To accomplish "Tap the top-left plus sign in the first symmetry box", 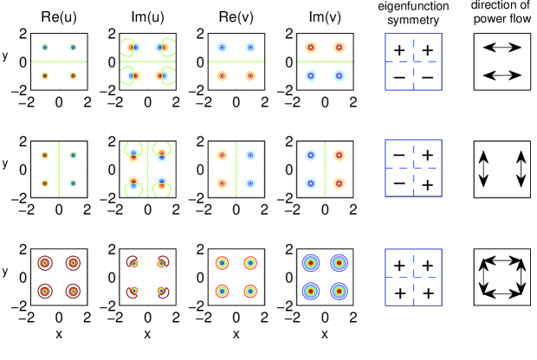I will (x=399, y=50).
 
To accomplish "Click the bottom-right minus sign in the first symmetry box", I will (x=428, y=78).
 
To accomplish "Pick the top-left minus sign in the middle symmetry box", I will (x=399, y=157).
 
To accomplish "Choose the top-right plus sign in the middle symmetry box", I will (x=428, y=157).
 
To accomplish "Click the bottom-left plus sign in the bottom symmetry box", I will (x=399, y=292).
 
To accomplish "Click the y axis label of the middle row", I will (x=9, y=163).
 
